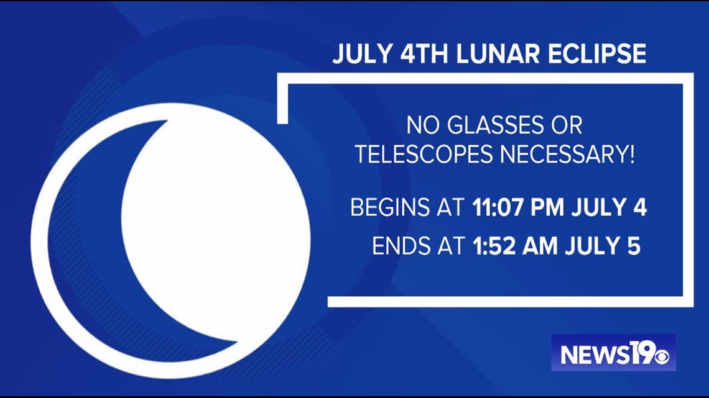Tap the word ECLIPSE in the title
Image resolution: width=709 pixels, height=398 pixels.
[597, 53]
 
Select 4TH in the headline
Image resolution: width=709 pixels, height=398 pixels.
[424, 53]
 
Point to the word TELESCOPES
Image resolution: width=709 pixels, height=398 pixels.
[424, 155]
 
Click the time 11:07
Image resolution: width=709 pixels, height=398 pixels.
[498, 207]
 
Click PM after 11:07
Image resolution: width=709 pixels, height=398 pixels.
[547, 207]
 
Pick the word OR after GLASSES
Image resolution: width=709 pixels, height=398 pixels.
[567, 125]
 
